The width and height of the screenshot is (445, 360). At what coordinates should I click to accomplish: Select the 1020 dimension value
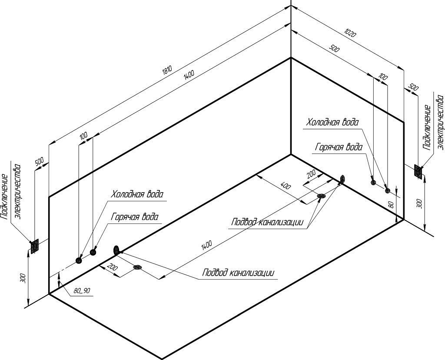pos(350,33)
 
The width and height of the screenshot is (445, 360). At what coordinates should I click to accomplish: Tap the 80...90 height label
pos(81,290)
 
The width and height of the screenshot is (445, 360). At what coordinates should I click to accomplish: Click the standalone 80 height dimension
pos(391,204)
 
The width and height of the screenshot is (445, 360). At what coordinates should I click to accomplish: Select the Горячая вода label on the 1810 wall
pos(135,217)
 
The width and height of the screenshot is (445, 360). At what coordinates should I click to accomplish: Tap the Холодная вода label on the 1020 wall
pos(332,122)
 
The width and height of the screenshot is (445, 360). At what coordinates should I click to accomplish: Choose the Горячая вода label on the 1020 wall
pos(339,147)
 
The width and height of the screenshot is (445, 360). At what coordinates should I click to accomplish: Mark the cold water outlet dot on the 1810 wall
pos(79,260)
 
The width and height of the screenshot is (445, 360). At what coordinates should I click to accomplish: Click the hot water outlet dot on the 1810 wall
pos(93,252)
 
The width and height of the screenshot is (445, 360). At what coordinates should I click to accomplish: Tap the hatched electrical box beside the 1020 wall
pos(418,171)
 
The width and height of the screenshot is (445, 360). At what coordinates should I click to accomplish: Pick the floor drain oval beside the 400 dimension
pos(322,196)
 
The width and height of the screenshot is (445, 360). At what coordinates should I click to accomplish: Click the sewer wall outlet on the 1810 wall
pos(116,250)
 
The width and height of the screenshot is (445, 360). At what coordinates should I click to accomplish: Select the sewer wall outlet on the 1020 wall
pos(342,179)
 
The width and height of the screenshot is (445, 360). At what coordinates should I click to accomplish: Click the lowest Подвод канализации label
pos(238,273)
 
